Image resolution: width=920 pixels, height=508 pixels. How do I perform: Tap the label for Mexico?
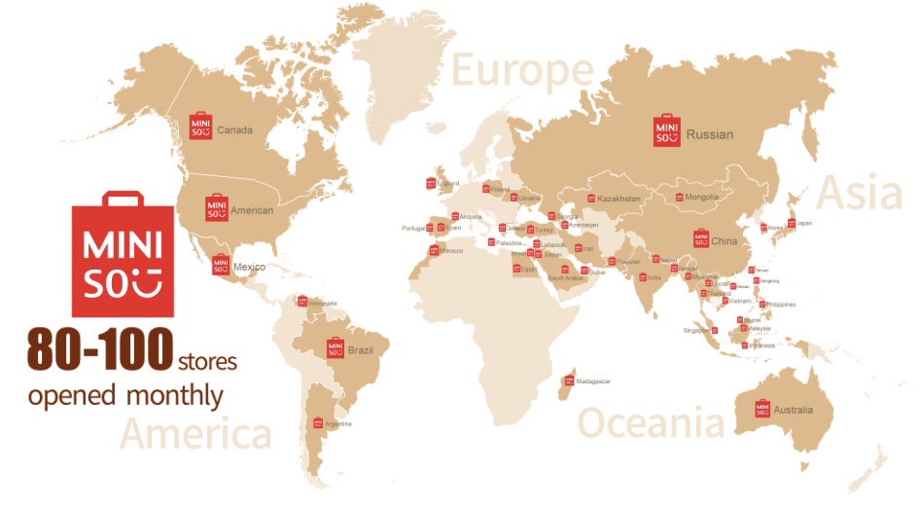click(249, 268)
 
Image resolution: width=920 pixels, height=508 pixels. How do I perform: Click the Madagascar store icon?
click(570, 381)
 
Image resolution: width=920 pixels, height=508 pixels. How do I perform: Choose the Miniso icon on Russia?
click(667, 131)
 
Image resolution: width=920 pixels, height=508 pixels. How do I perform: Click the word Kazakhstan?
click(619, 199)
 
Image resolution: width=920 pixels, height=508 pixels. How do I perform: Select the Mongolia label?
click(701, 198)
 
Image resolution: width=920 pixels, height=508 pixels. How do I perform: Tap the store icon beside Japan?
click(791, 223)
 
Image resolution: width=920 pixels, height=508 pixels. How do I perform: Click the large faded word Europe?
click(522, 71)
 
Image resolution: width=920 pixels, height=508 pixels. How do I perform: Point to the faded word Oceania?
click(652, 423)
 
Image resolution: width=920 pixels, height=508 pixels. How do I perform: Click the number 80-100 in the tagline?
click(100, 349)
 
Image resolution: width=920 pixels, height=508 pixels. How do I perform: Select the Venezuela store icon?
click(302, 301)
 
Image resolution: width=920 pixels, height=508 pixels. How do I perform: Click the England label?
click(447, 183)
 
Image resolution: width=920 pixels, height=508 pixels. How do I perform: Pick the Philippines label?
click(780, 305)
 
